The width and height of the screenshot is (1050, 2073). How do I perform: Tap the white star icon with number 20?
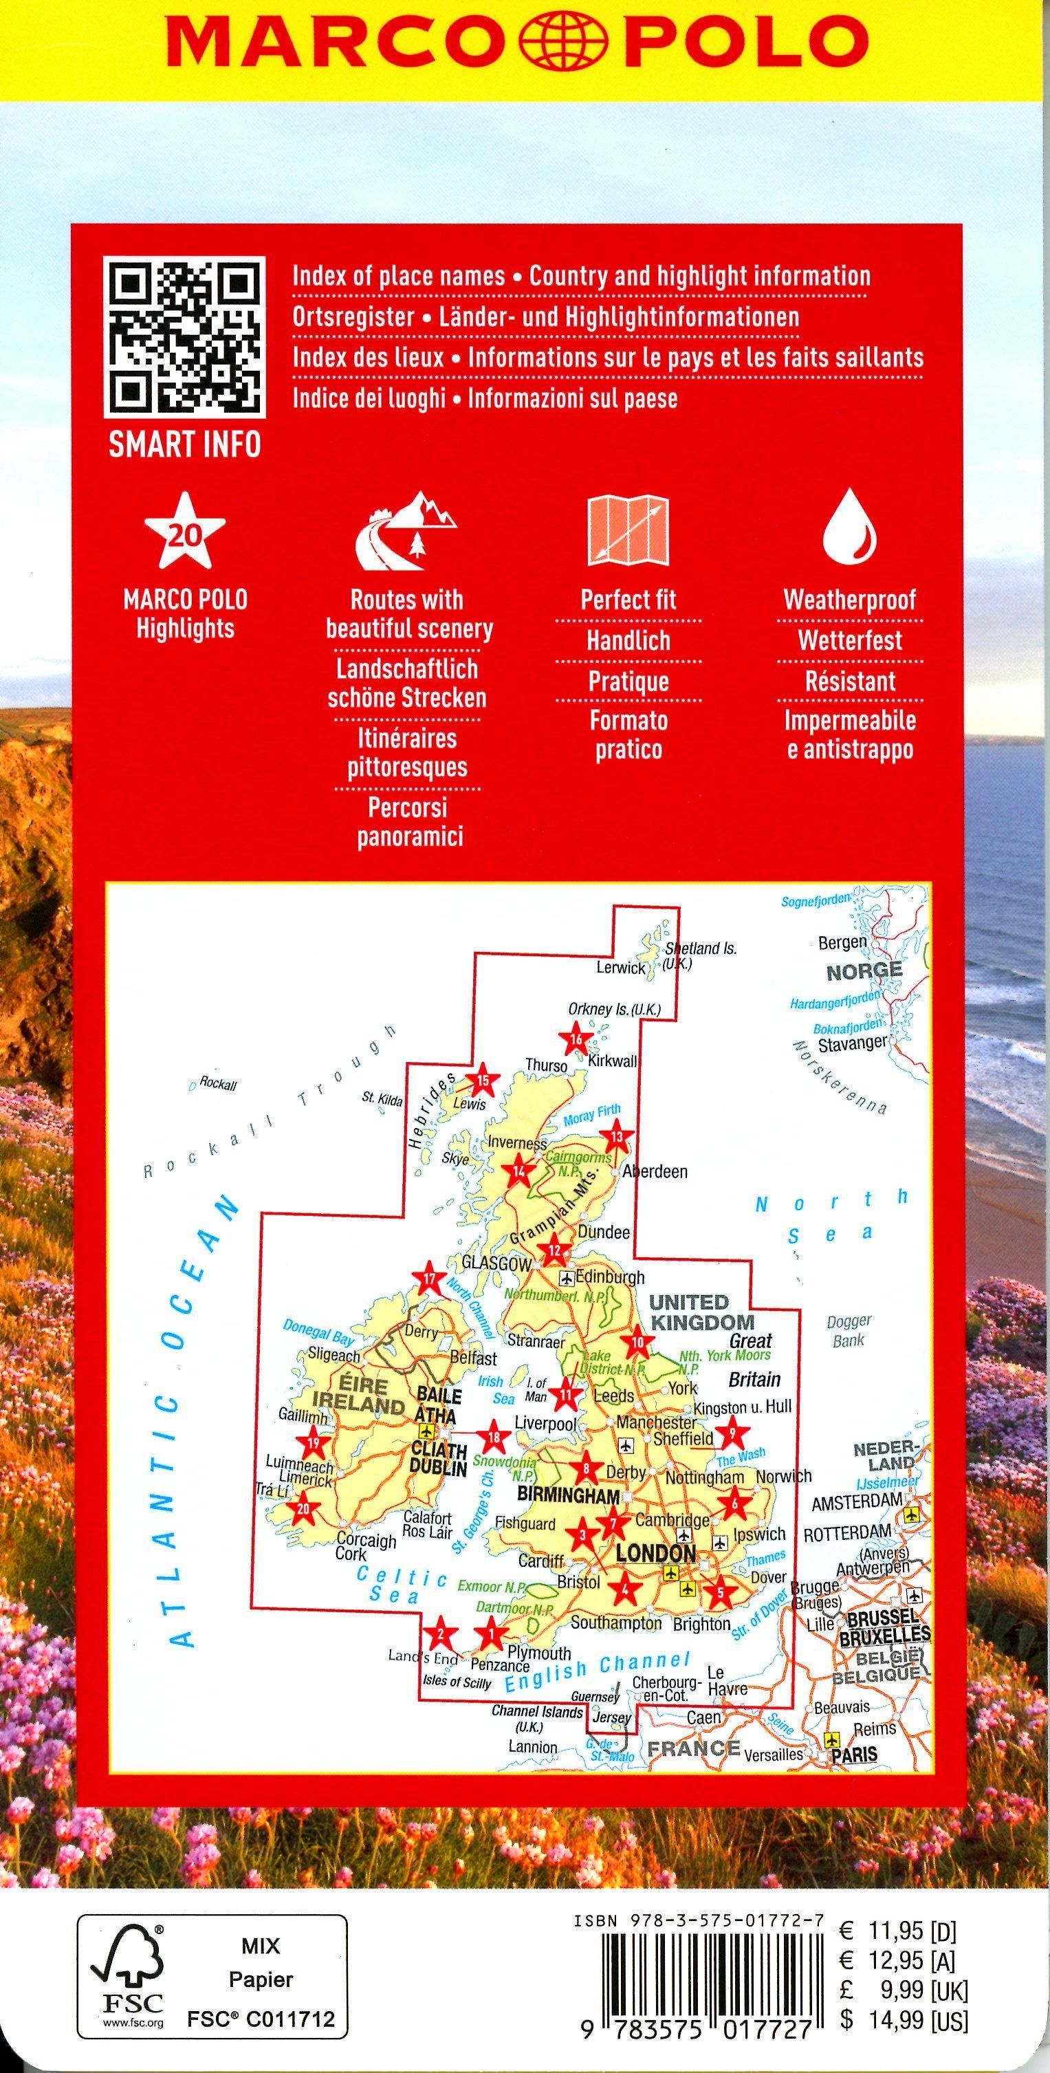(184, 531)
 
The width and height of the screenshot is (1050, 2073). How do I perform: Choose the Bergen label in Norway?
(842, 942)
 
